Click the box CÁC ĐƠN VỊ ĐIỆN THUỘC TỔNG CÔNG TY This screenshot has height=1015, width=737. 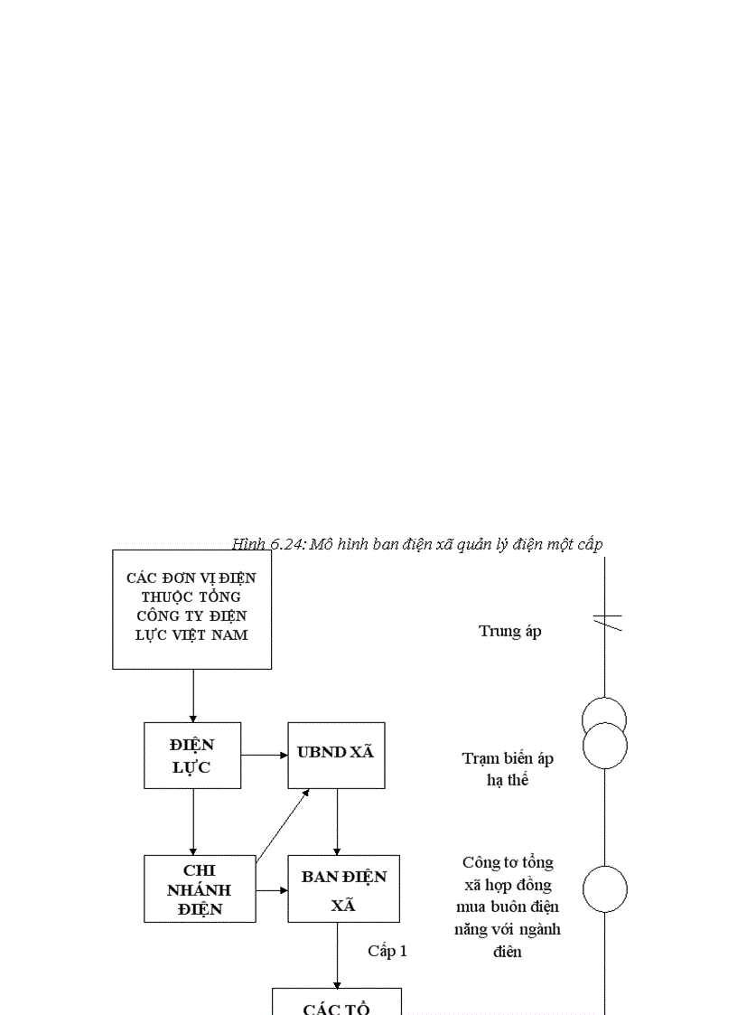[191, 609]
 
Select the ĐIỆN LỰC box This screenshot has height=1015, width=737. [192, 756]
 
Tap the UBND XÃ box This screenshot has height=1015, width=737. [336, 755]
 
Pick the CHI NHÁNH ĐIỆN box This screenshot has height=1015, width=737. [199, 888]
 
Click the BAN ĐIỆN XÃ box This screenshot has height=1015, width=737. [343, 888]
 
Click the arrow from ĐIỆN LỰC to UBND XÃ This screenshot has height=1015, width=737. [264, 755]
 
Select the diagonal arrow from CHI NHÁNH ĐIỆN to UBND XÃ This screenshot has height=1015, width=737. [283, 824]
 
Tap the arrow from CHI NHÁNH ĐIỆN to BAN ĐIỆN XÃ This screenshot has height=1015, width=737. [271, 889]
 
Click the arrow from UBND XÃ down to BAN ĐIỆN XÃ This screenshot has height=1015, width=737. [337, 821]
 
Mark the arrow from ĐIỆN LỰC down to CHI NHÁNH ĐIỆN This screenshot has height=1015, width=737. [192, 821]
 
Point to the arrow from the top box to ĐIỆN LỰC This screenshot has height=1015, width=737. [192, 695]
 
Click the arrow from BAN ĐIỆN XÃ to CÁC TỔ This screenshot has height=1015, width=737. [337, 954]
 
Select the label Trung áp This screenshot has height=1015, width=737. [510, 632]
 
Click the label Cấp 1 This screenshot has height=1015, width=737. [387, 951]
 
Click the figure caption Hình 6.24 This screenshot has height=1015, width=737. [416, 544]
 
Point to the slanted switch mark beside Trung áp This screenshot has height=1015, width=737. [606, 620]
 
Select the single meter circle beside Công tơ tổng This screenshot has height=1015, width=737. [604, 888]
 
